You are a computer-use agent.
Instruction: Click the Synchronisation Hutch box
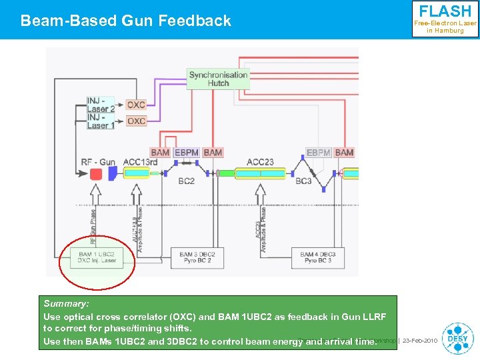(218, 79)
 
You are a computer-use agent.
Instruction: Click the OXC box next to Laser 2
(136, 105)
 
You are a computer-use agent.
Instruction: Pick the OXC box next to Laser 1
(136, 121)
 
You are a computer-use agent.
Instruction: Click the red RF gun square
(96, 174)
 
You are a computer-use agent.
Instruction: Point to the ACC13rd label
(140, 162)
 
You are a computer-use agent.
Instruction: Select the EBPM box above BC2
(186, 153)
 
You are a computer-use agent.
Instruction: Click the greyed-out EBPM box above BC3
(319, 153)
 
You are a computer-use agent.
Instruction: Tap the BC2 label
(186, 181)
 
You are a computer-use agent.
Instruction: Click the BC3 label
(303, 181)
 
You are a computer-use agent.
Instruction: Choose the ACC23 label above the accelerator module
(260, 162)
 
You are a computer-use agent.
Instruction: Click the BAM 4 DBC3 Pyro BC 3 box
(318, 257)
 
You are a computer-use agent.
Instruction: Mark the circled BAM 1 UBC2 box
(97, 257)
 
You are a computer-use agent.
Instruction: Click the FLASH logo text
(445, 11)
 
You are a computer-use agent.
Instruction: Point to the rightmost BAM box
(344, 153)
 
